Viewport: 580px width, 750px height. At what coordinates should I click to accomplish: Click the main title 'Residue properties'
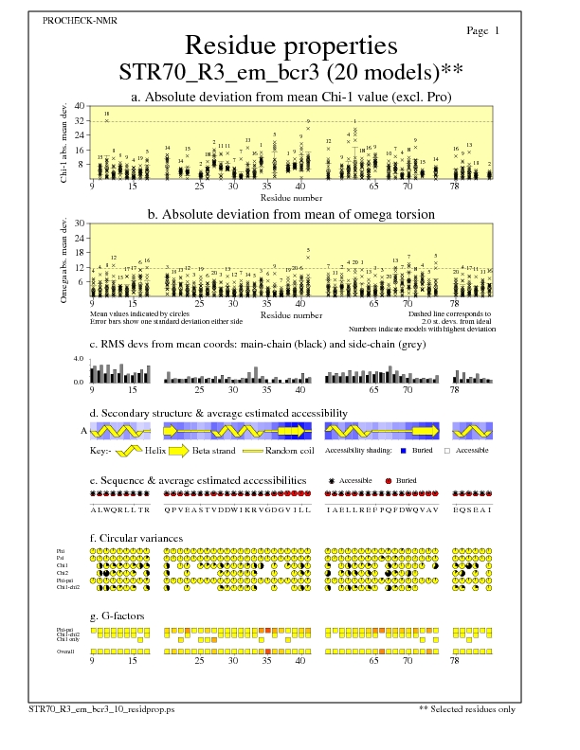point(290,45)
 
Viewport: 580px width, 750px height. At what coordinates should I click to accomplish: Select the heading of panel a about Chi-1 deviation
point(290,97)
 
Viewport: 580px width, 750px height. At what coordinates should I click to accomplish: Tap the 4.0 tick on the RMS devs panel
point(80,359)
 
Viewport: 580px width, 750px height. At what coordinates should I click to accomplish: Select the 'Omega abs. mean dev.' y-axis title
point(64,253)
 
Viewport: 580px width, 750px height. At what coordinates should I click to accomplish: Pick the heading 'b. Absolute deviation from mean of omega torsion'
point(290,214)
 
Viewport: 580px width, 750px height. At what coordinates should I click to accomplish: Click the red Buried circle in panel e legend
point(390,481)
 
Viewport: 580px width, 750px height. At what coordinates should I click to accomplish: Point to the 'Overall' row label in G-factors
point(65,652)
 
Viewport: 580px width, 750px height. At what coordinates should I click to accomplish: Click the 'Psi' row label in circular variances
point(62,559)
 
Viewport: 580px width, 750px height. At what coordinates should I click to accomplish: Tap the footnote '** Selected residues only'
point(467,734)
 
